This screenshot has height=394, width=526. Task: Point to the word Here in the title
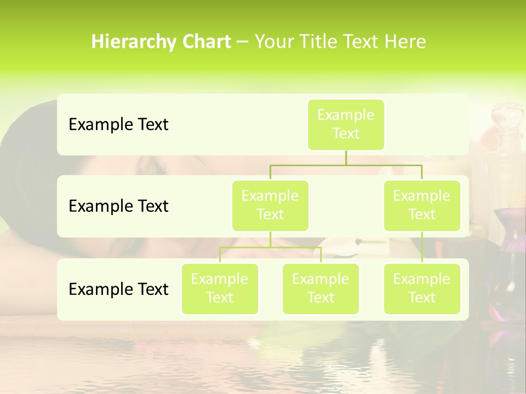pyautogui.click(x=405, y=42)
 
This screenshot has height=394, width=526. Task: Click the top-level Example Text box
pyautogui.click(x=346, y=124)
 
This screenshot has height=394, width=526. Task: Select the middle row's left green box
pyautogui.click(x=270, y=205)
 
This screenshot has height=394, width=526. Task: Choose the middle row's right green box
pyautogui.click(x=422, y=205)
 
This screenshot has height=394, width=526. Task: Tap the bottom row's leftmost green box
pyautogui.click(x=220, y=288)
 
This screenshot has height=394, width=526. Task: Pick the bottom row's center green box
pyautogui.click(x=321, y=288)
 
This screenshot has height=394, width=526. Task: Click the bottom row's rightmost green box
pyautogui.click(x=422, y=288)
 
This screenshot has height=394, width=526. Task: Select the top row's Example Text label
pyautogui.click(x=118, y=125)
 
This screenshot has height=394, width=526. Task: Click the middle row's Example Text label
pyautogui.click(x=118, y=206)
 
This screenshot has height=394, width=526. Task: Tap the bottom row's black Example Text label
pyautogui.click(x=118, y=289)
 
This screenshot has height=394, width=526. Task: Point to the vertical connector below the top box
pyautogui.click(x=346, y=158)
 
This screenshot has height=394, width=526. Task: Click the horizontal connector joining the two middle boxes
pyautogui.click(x=346, y=165)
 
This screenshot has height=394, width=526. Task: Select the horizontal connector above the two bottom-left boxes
pyautogui.click(x=270, y=247)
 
